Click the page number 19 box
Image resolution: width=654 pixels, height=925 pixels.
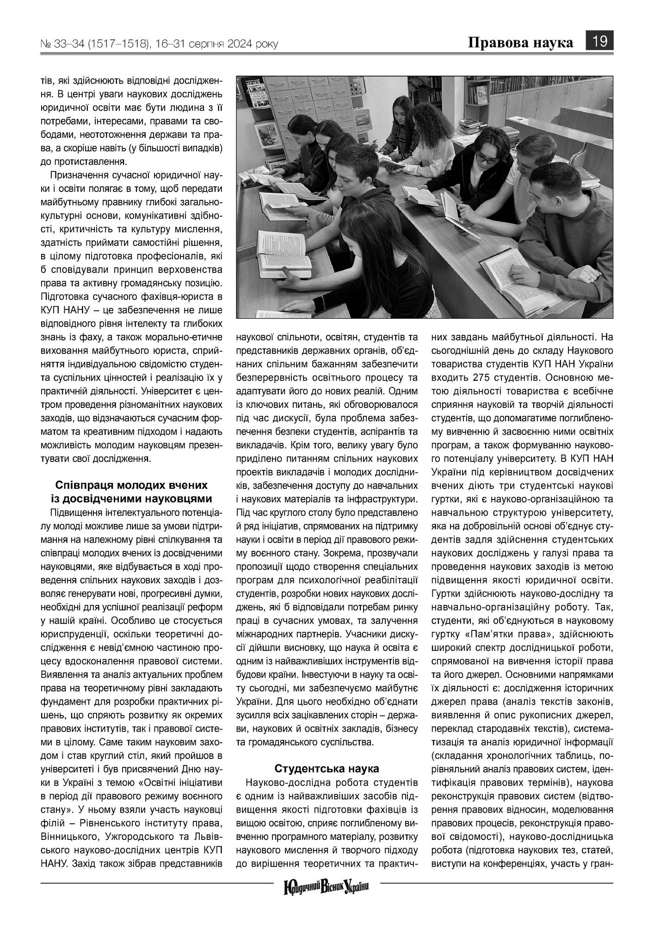click(x=599, y=41)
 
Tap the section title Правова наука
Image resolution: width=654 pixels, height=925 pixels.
click(x=520, y=43)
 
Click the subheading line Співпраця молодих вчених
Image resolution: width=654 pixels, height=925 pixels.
click(x=131, y=485)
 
